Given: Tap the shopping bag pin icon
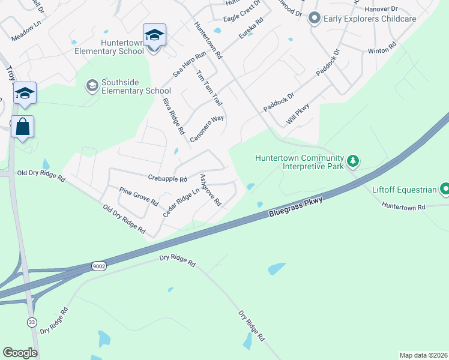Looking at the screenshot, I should tap(22, 127).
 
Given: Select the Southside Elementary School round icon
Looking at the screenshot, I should tap(92, 86).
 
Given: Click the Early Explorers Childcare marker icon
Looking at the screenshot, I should tap(314, 19).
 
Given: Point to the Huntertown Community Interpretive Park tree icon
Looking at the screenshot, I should tap(354, 160).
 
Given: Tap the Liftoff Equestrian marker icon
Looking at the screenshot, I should tap(445, 190).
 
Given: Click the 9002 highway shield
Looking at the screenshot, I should tap(99, 265).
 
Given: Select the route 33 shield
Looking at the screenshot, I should tap(31, 322).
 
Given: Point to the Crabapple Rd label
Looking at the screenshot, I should tap(167, 178).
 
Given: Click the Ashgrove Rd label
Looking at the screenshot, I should tap(210, 190).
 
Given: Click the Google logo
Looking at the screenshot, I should tap(20, 353).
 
